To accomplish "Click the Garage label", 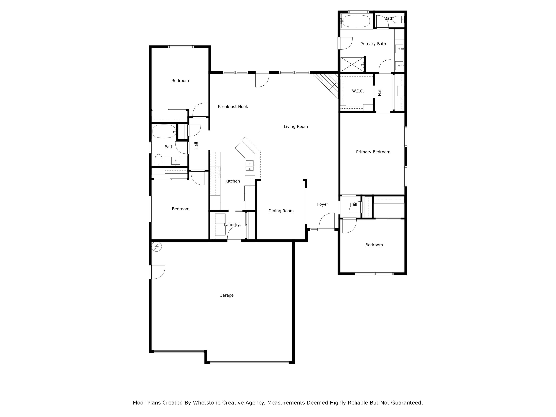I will (226, 295).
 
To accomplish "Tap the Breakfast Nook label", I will (233, 107).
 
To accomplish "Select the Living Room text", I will (296, 126).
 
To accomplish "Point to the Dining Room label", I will (281, 211).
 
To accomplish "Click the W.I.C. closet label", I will (358, 91).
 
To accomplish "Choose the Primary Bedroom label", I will (373, 152).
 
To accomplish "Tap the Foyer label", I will (322, 204).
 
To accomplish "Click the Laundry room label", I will (231, 224).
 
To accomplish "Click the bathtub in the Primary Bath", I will (356, 21).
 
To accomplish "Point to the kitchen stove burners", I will (216, 172).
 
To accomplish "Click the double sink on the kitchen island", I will (249, 165).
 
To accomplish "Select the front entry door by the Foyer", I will (327, 221).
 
